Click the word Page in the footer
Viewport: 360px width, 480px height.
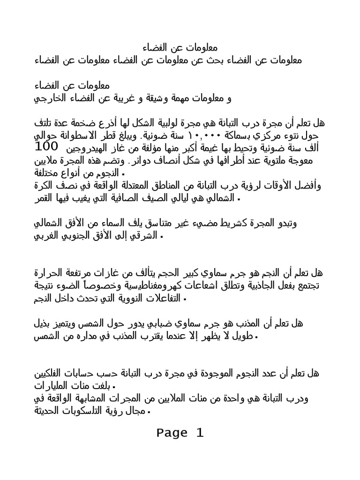pyautogui.click(x=172, y=433)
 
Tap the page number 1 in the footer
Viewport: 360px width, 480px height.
pyautogui.click(x=200, y=433)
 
